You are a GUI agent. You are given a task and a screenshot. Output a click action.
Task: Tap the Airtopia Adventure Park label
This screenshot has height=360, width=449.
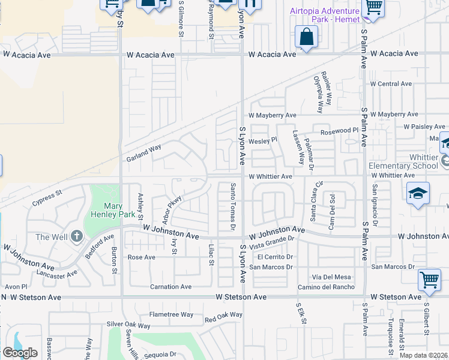click(325, 15)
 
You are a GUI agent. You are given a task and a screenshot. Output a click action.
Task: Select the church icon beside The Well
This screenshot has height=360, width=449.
click(76, 236)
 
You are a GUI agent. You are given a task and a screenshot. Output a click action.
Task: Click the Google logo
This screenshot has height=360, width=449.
click(20, 352)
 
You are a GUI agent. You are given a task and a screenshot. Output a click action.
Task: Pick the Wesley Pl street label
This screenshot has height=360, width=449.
click(262, 140)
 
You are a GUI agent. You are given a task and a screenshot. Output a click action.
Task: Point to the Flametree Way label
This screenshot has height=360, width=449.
click(171, 314)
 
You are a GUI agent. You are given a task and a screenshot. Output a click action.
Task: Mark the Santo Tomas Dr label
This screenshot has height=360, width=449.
click(232, 208)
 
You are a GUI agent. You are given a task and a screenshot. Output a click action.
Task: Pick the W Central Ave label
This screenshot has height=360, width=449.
click(391, 84)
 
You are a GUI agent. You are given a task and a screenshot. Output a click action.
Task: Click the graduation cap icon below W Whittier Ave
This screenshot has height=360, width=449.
click(418, 193)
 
